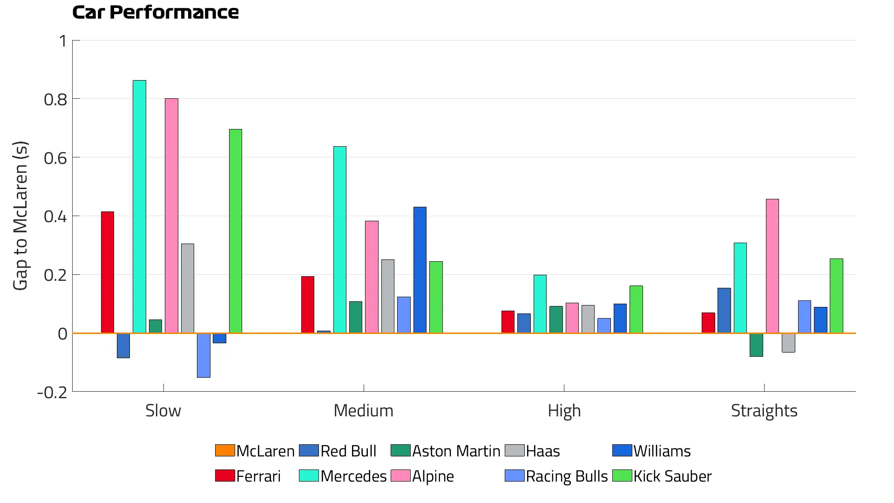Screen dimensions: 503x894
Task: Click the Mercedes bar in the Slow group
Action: [x=139, y=207]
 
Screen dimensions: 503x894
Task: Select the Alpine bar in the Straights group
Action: [x=772, y=266]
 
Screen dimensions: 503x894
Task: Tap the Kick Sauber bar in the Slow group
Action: [x=235, y=231]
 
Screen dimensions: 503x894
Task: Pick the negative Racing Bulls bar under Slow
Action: [x=203, y=355]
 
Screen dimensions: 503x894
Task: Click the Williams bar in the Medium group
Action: [x=420, y=270]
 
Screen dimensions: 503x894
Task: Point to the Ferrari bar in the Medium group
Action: [x=307, y=305]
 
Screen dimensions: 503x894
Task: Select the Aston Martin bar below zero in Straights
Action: [x=756, y=345]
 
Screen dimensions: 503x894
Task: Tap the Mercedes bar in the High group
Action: [x=540, y=304]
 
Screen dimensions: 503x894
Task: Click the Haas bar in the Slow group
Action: [x=187, y=288]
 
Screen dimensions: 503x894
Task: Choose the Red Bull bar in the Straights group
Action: [x=724, y=310]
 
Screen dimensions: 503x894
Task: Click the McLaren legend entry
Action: [x=255, y=451]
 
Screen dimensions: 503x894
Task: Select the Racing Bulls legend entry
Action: [x=556, y=476]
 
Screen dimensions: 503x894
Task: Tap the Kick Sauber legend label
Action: [x=672, y=476]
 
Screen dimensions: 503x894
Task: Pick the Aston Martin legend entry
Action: [x=446, y=451]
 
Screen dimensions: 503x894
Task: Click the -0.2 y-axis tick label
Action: [x=52, y=392]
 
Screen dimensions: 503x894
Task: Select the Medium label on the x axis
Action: [x=363, y=411]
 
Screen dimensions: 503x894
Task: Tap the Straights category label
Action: [x=764, y=411]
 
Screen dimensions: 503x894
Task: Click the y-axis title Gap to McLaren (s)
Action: [x=20, y=216]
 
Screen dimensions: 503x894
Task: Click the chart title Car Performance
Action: [x=155, y=13]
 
